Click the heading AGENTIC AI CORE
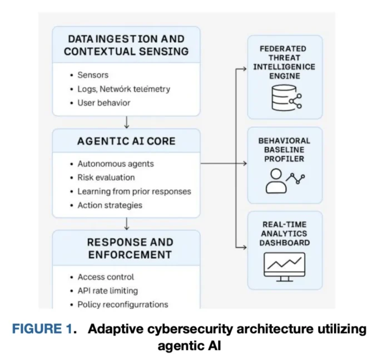coord(126,141)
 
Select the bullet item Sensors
coord(93,75)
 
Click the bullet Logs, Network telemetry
coord(123,89)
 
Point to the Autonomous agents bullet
coord(115,164)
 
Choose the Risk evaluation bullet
coord(106,177)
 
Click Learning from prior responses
coord(134,191)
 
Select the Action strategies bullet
coord(110,205)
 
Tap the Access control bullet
coord(106,277)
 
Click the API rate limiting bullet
coord(107,290)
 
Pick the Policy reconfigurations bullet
coord(122,304)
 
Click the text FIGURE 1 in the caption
coord(43,329)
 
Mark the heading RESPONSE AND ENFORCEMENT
coord(126,248)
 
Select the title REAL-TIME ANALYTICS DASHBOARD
coord(285,234)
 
